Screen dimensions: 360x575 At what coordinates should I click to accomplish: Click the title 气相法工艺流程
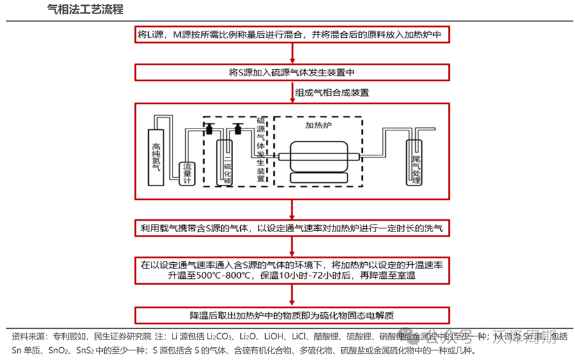[85, 9]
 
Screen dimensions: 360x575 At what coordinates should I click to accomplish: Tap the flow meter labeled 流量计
[187, 172]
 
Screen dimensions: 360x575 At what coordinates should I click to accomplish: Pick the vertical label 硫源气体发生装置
[261, 150]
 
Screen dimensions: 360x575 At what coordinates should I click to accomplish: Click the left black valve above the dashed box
[209, 129]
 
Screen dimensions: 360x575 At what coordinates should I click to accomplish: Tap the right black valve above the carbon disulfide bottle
[237, 129]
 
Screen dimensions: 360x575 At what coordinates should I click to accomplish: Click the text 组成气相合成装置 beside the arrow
[332, 92]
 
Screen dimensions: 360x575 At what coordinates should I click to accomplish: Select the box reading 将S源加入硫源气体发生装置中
[292, 72]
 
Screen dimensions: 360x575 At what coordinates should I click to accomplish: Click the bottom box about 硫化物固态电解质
[292, 315]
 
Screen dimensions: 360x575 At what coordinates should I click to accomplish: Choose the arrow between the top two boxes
[292, 53]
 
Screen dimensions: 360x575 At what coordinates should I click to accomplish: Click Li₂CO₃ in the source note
[220, 336]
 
